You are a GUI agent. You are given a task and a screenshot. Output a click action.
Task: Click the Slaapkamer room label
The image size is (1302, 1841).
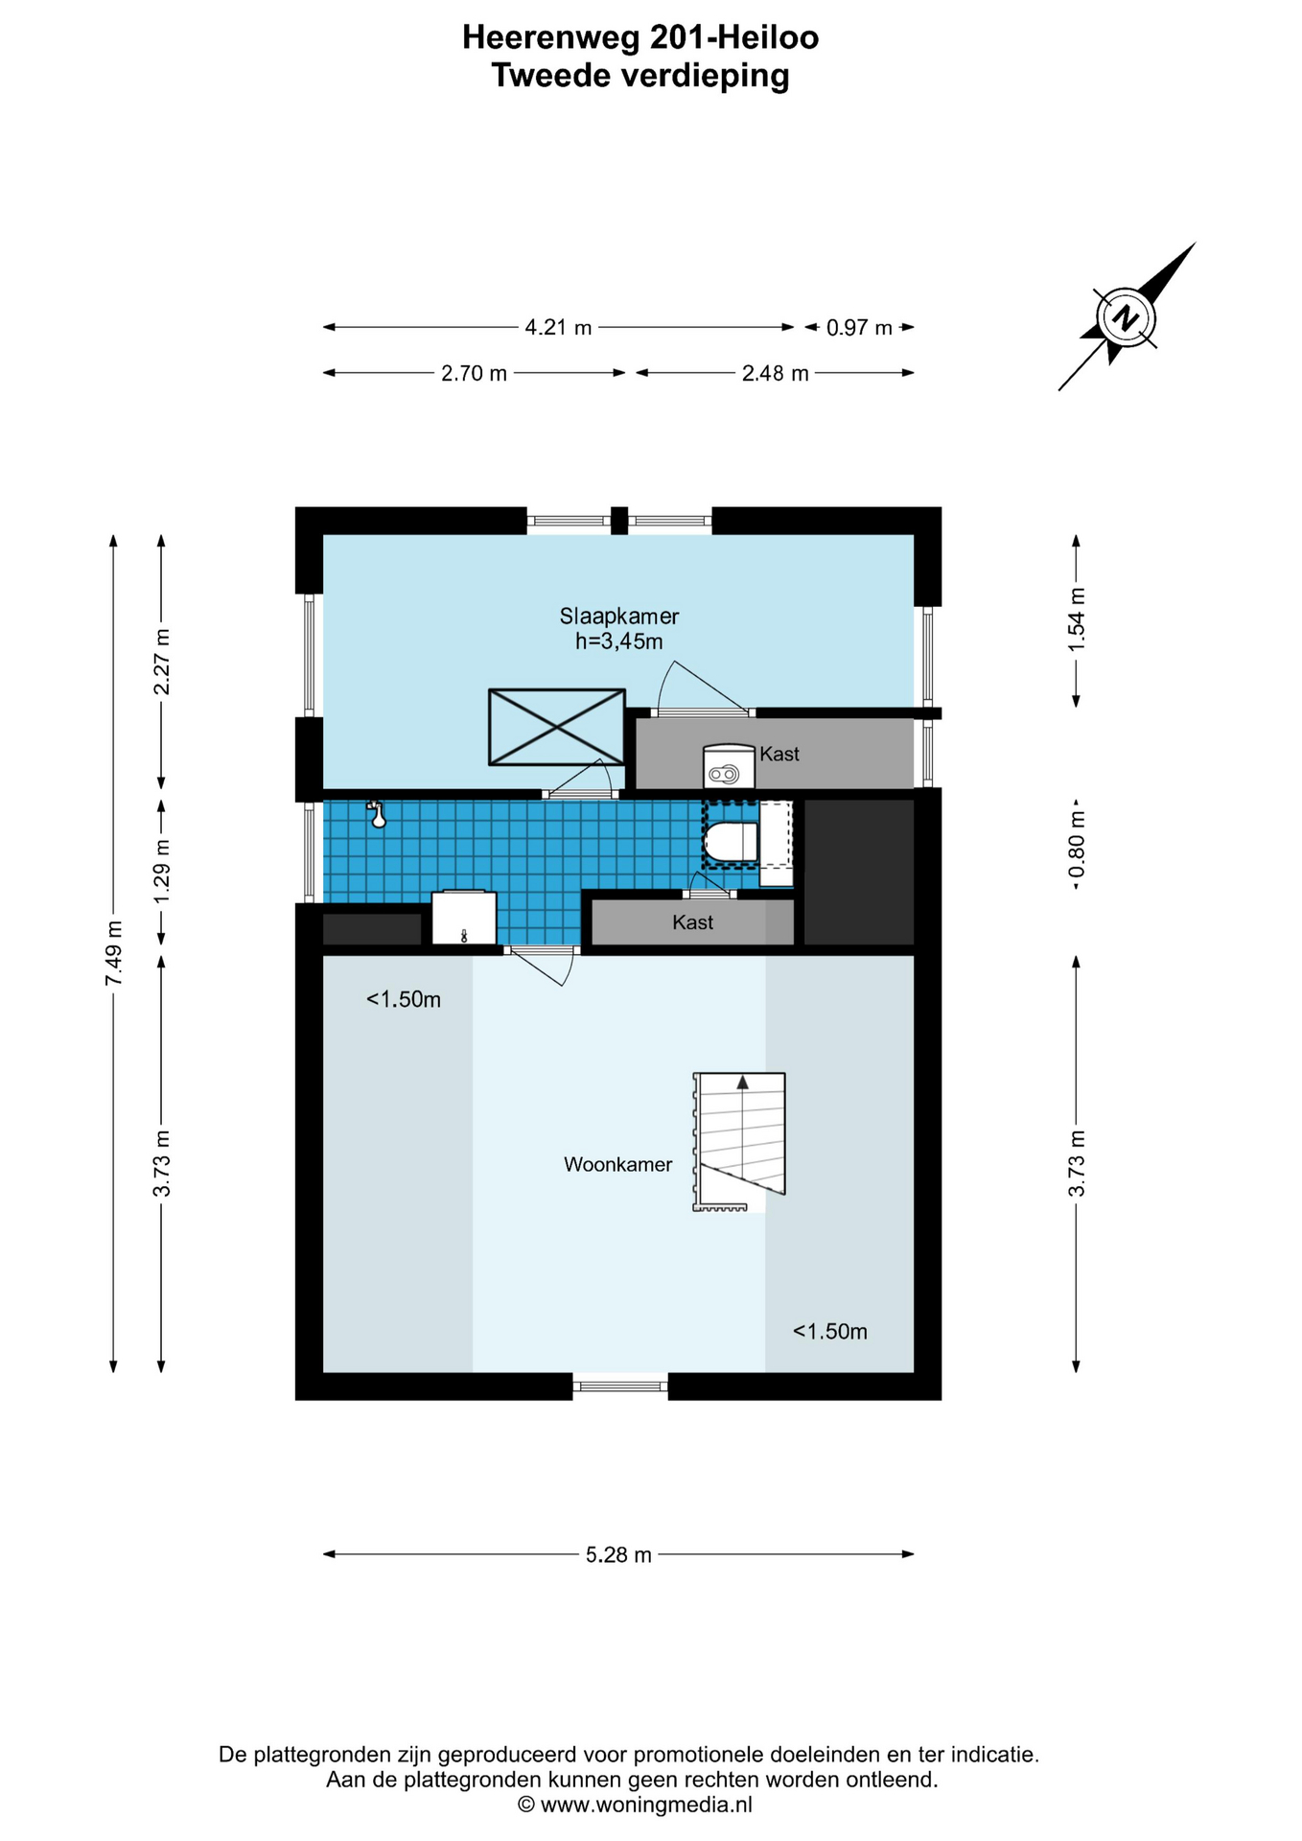click(619, 617)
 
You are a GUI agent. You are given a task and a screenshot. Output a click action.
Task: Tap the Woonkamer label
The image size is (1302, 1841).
click(617, 1164)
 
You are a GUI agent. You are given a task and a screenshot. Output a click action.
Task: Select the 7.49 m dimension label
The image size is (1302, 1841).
click(114, 953)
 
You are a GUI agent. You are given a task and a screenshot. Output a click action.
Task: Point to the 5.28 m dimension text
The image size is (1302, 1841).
click(618, 1554)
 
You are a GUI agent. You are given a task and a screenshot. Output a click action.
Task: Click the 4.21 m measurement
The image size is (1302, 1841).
click(558, 327)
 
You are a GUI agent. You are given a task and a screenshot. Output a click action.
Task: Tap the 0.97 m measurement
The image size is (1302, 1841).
click(859, 327)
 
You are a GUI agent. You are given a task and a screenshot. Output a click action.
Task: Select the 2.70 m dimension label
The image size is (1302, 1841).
click(474, 373)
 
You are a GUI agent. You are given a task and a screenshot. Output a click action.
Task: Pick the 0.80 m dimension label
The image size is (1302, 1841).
click(1077, 844)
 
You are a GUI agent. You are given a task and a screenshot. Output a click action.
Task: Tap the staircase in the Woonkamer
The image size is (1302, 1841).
click(739, 1141)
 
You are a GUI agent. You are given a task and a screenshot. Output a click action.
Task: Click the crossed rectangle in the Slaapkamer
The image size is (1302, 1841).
click(557, 727)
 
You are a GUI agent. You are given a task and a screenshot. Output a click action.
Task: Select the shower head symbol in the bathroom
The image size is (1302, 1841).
click(377, 815)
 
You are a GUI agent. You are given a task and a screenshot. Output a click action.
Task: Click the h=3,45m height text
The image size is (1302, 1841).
click(618, 641)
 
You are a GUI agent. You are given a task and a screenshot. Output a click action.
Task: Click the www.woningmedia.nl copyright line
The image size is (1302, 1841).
click(635, 1805)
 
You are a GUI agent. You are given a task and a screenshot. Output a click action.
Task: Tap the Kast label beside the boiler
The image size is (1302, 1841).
click(779, 754)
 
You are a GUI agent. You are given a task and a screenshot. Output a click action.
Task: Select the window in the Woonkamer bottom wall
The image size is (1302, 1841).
click(620, 1386)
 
